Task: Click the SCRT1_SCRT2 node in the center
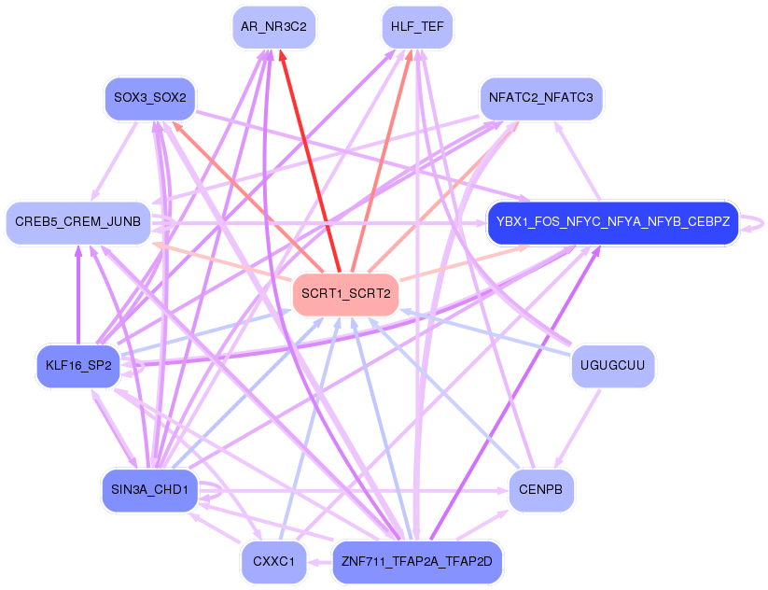[x=346, y=294]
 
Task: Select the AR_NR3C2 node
[x=273, y=27]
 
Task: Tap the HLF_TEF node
[x=417, y=27]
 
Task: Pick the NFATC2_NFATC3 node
[x=541, y=97]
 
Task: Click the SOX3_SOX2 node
[x=149, y=97]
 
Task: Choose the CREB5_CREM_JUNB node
[x=78, y=222]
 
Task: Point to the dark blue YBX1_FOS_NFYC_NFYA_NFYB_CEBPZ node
[x=613, y=223]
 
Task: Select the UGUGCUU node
[x=612, y=365]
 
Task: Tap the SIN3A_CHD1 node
[x=149, y=490]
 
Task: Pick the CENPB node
[x=541, y=490]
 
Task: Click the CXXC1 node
[x=273, y=562]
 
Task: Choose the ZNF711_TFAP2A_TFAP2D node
[x=417, y=562]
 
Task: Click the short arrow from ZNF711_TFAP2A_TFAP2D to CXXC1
[x=320, y=562]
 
